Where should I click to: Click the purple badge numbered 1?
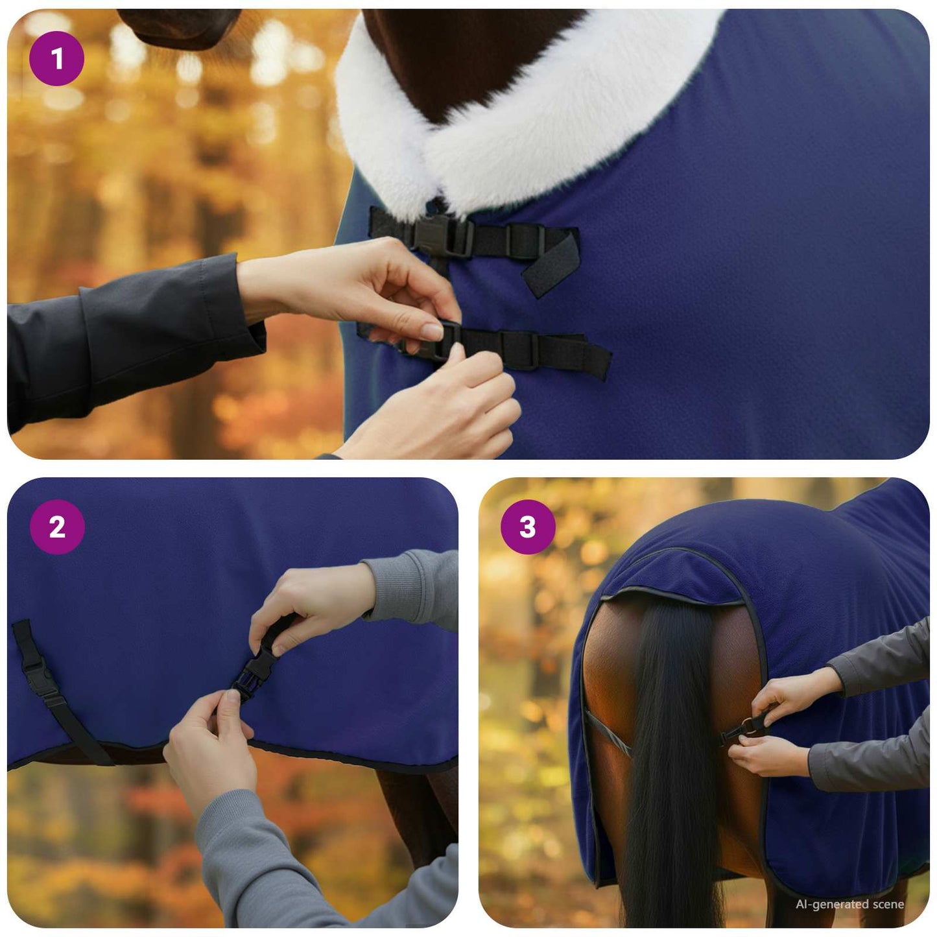[x=56, y=59]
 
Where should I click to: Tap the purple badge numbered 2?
[x=57, y=527]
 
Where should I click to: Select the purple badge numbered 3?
[x=528, y=527]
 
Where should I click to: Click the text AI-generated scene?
[x=849, y=904]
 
